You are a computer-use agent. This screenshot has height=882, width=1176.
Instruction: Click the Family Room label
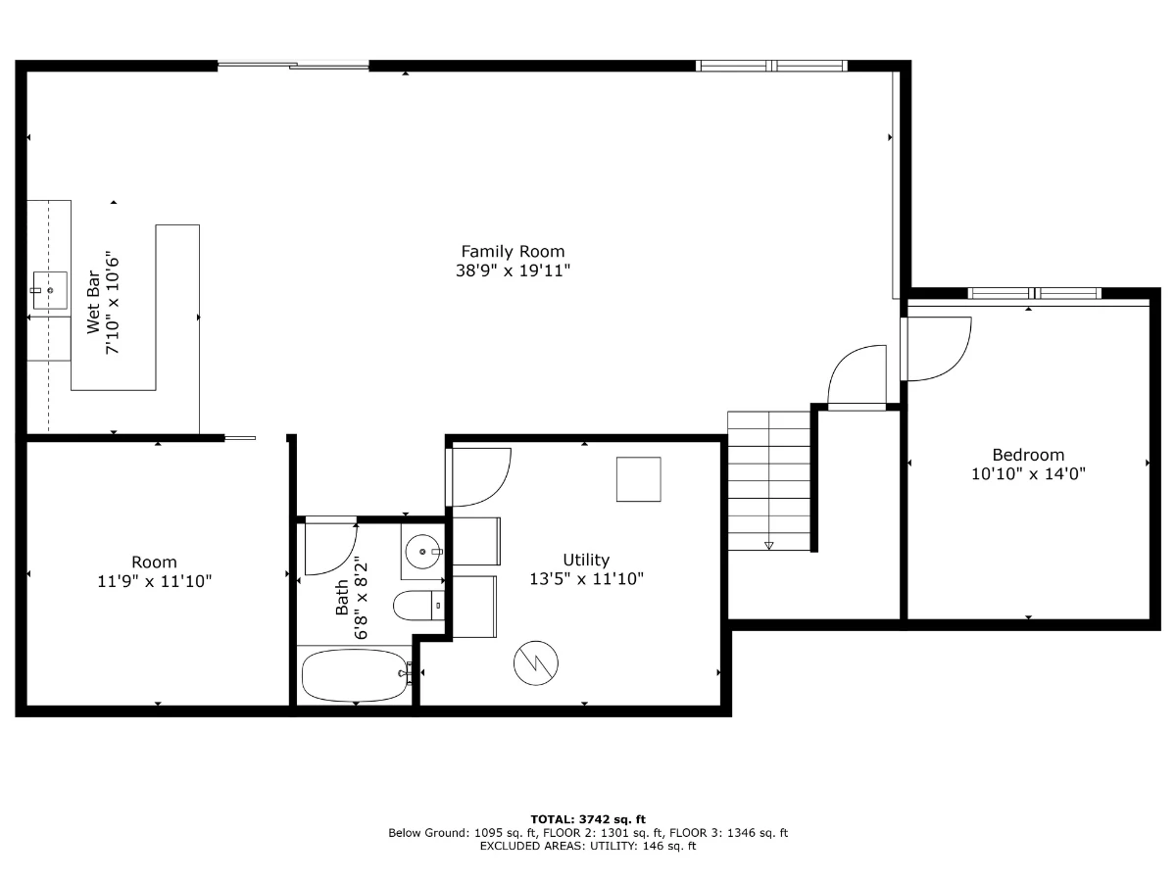513,251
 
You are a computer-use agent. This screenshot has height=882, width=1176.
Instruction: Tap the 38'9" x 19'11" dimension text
513,270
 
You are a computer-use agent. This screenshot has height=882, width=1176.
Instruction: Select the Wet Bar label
93,302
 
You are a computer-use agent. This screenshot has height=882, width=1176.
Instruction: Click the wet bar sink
50,290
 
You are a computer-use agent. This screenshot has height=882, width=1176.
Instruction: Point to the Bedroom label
1028,455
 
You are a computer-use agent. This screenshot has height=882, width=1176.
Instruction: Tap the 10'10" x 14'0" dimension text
1028,474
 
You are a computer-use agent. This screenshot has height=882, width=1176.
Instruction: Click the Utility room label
586,560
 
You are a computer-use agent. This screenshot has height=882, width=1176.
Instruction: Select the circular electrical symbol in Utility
536,663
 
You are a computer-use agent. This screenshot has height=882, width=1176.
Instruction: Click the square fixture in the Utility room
639,479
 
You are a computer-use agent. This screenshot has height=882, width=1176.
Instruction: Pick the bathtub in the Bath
354,675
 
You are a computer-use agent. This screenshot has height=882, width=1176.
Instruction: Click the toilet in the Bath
418,606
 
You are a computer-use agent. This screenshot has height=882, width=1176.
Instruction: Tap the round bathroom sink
422,551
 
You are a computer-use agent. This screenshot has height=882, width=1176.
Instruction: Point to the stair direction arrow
769,546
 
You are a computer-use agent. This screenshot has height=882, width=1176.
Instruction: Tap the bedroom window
1035,293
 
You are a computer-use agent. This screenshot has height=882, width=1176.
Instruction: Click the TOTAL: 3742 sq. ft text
588,819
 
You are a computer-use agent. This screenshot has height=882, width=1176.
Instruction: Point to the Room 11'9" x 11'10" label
154,571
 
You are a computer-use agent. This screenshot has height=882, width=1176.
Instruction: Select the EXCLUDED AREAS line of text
588,846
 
